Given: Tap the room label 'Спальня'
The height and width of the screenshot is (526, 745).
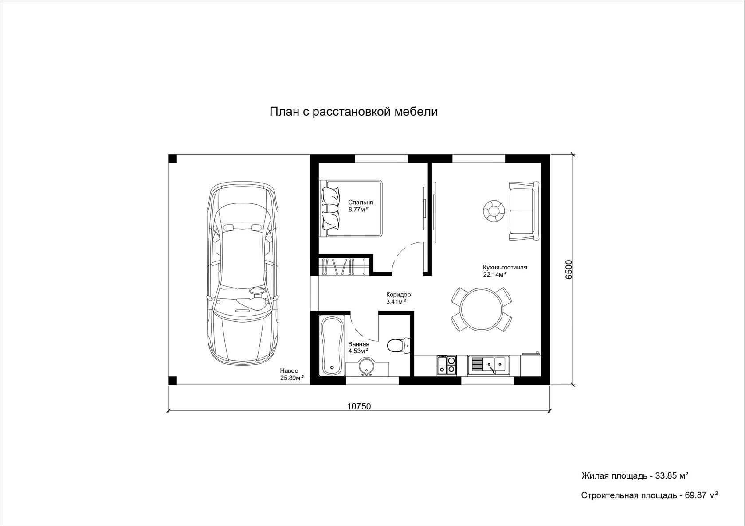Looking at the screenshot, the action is click(x=361, y=203).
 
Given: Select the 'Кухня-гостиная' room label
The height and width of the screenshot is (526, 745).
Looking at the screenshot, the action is click(x=505, y=267).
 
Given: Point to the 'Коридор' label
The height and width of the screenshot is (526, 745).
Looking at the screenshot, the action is click(x=398, y=294).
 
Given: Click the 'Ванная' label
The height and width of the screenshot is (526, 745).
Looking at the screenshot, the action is click(x=358, y=344).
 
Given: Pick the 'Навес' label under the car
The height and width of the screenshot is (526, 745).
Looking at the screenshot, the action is click(x=289, y=370).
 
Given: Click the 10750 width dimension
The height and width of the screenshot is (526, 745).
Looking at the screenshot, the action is click(x=359, y=406).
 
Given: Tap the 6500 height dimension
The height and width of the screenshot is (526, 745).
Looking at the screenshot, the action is click(x=569, y=269).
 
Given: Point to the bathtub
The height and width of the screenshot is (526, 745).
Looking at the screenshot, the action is click(x=332, y=346).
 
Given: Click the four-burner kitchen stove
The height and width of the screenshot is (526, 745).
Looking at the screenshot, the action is click(x=446, y=365).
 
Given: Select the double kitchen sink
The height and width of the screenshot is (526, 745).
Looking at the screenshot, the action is click(x=488, y=365).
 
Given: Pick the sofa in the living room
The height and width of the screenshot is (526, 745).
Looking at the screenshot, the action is click(x=524, y=211).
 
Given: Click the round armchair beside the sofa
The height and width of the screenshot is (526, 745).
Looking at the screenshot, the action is click(x=494, y=211).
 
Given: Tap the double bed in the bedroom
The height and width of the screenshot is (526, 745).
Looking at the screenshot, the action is click(x=351, y=208).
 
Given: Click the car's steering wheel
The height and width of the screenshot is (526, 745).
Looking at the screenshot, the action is click(x=257, y=291).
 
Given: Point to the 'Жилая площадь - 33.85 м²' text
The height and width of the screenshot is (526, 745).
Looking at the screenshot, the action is click(x=635, y=476).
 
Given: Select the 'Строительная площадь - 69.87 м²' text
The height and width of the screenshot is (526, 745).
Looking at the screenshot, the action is click(x=650, y=495).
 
